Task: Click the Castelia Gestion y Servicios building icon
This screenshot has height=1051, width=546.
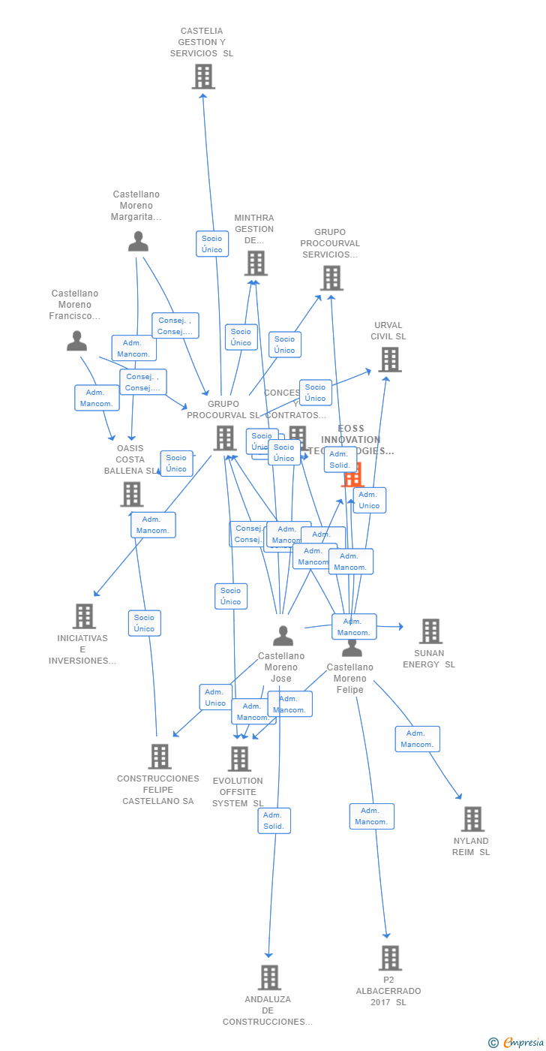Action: coord(203,77)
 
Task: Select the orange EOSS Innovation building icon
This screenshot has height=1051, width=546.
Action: coord(352,474)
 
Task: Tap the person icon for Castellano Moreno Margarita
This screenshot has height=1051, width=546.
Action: coord(138,241)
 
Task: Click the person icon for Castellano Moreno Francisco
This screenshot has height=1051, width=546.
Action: coord(76,341)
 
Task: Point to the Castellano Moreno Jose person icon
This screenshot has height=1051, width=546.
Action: coord(283,636)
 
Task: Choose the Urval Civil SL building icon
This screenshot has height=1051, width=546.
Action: coord(389,360)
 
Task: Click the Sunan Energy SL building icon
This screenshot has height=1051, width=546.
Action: coord(430,631)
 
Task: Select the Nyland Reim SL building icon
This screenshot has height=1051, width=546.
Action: coord(472,819)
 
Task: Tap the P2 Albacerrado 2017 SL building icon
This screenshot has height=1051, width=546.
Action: coord(389,958)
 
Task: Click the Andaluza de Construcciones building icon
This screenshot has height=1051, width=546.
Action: coord(269,977)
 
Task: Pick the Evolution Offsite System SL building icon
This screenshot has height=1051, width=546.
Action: coord(239,759)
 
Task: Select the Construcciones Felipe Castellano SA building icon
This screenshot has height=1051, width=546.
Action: coord(160,757)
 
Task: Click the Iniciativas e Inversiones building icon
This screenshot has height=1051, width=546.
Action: coord(84,616)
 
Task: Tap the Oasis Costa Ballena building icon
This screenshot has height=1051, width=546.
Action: coord(132,494)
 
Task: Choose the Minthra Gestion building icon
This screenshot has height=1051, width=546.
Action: coord(256,264)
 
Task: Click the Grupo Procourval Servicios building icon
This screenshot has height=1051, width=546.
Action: coord(331,278)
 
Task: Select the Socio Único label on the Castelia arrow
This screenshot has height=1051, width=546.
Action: coord(212,244)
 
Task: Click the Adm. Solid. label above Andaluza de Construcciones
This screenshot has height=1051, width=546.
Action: coord(274,821)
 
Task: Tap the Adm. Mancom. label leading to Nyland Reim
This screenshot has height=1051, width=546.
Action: coord(417,739)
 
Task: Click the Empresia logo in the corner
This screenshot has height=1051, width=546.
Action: coord(520,1042)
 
